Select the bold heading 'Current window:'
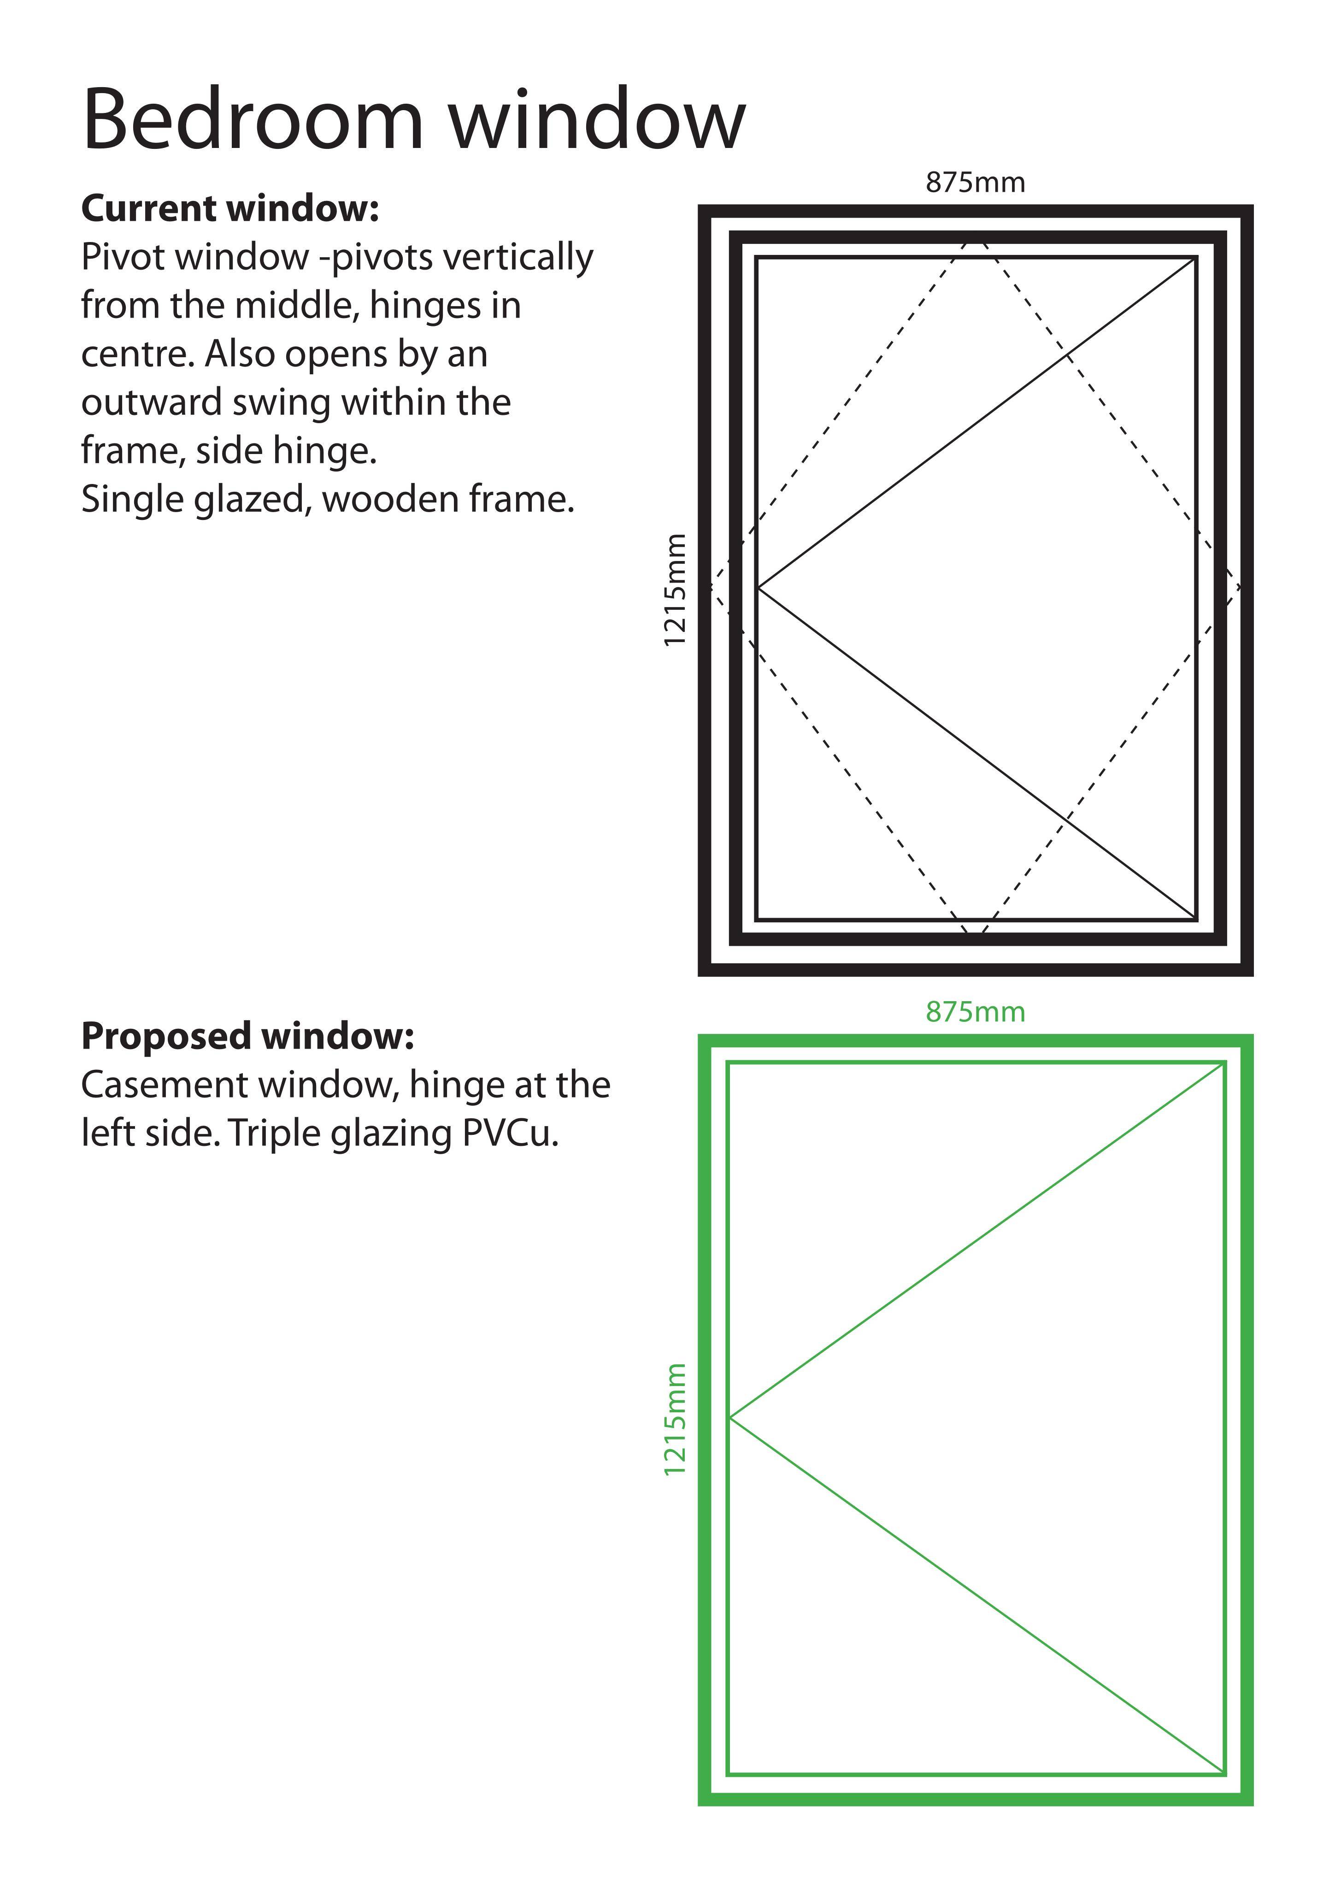click(x=230, y=209)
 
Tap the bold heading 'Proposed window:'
click(x=247, y=1036)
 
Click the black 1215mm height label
click(x=675, y=590)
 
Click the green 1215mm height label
click(x=675, y=1419)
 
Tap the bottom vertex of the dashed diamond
click(x=976, y=936)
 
